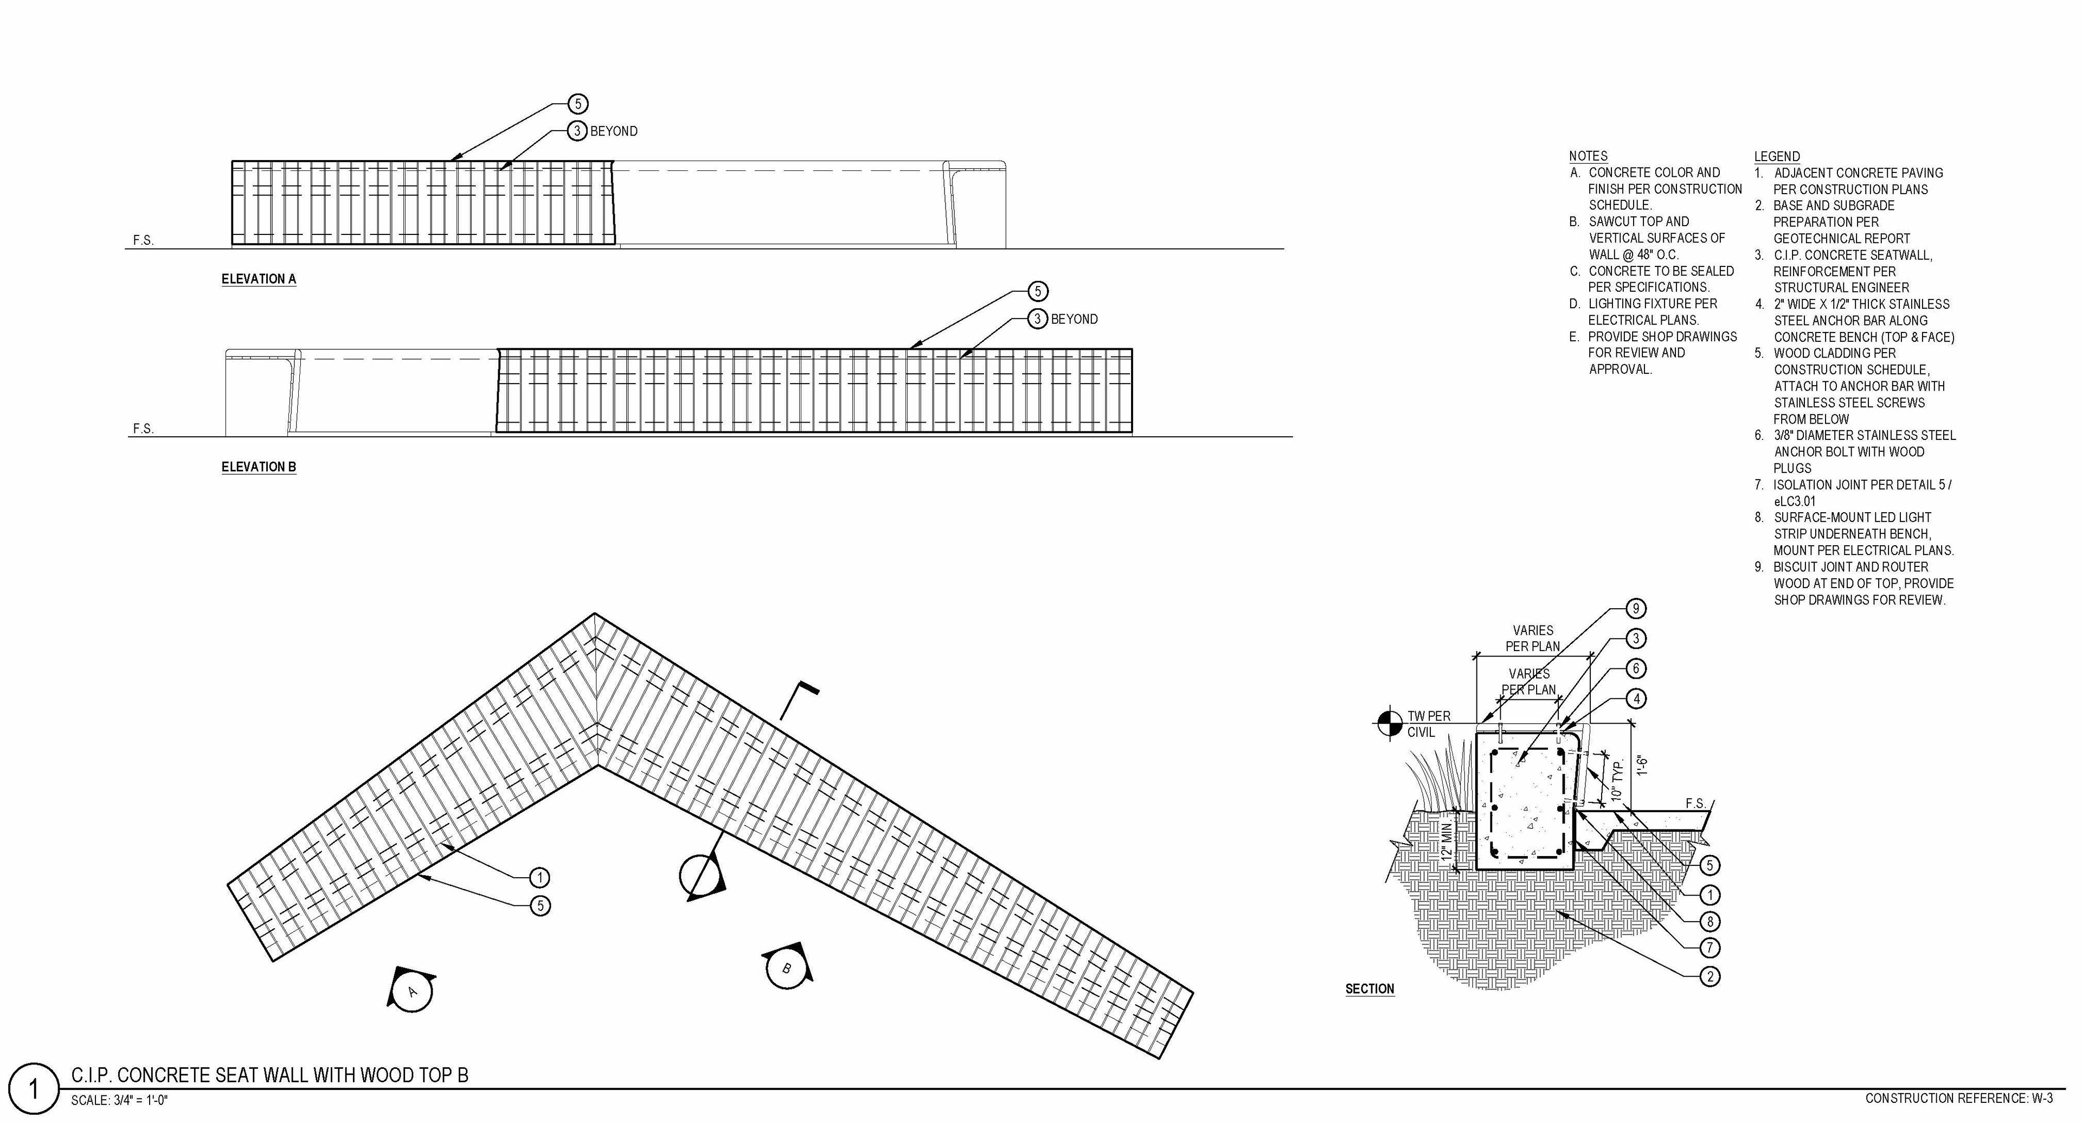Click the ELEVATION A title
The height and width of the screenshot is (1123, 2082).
(x=259, y=279)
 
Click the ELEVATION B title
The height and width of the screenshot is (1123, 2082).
(x=259, y=467)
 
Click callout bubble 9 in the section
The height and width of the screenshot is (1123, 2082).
(x=1635, y=609)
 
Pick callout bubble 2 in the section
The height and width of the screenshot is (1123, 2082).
(x=1710, y=977)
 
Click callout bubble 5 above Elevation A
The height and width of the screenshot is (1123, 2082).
(x=577, y=104)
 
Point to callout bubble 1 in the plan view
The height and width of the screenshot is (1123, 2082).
(x=539, y=877)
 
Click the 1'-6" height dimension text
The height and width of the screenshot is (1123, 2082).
(x=1641, y=765)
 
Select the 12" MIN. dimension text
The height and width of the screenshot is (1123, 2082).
(x=1447, y=841)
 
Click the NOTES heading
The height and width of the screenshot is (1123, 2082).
(x=1588, y=156)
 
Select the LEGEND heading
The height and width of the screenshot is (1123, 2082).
(x=1777, y=156)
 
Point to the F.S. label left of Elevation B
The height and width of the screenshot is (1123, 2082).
(x=143, y=429)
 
